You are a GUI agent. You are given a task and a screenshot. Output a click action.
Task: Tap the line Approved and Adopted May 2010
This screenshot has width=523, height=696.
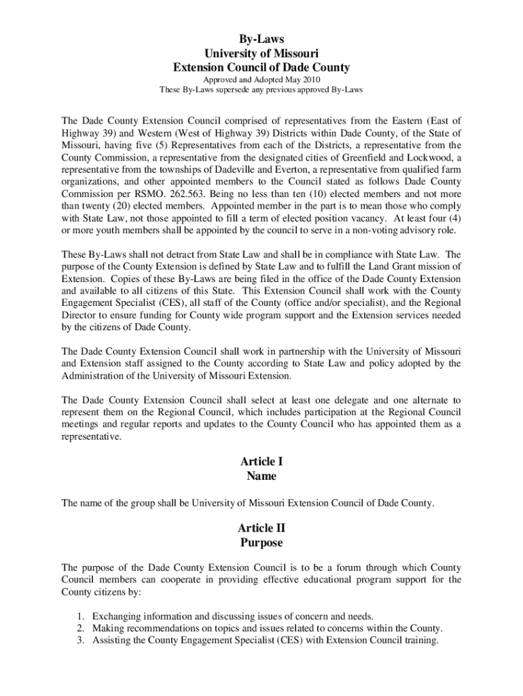[x=261, y=80]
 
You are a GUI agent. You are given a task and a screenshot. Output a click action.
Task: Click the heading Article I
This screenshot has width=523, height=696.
[x=261, y=462]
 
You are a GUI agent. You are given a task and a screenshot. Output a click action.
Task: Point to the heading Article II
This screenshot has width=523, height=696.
[x=261, y=528]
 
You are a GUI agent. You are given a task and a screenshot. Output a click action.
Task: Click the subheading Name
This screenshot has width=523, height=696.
[x=261, y=476]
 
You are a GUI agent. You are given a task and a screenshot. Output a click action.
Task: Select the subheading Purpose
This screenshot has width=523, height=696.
[x=261, y=543]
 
